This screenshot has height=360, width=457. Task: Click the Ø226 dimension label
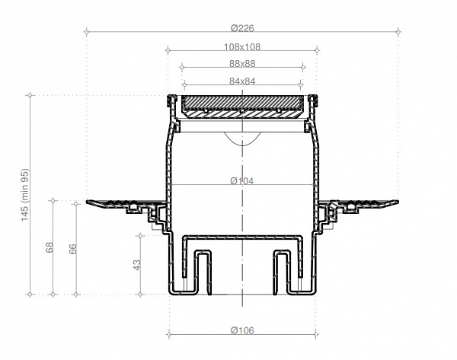[x=242, y=28]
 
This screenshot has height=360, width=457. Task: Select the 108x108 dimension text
[x=242, y=46]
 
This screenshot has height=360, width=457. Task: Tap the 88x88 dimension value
[x=242, y=64]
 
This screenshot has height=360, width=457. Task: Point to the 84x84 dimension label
[x=242, y=81]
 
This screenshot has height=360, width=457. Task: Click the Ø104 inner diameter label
[x=242, y=181]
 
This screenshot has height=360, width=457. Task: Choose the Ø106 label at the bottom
[x=242, y=330]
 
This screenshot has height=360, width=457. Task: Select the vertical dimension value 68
[x=50, y=249]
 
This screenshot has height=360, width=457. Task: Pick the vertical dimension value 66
[x=73, y=249]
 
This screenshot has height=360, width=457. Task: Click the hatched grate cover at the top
[x=242, y=104]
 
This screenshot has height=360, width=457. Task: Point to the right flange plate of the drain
[x=362, y=204]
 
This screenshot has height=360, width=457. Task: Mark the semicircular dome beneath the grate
[x=242, y=138]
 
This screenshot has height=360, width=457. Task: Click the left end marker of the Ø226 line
[x=87, y=32]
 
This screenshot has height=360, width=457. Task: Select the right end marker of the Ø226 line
[x=398, y=32]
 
